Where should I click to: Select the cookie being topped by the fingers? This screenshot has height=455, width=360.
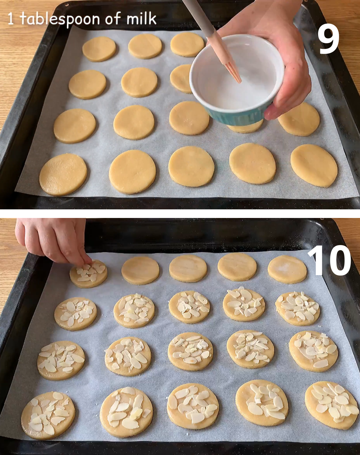pyautogui.click(x=89, y=274)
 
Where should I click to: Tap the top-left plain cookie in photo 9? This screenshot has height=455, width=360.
pyautogui.click(x=99, y=49)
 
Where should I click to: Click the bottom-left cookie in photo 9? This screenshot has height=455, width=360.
pyautogui.click(x=63, y=174)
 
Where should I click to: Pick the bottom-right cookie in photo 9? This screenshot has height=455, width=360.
pyautogui.click(x=314, y=165)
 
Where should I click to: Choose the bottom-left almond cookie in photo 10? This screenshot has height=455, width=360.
pyautogui.click(x=48, y=415)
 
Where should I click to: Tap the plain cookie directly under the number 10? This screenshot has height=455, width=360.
pyautogui.click(x=287, y=269)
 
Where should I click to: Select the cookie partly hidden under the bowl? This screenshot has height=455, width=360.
pyautogui.click(x=245, y=127)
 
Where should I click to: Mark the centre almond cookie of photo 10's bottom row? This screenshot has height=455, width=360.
pyautogui.click(x=193, y=406)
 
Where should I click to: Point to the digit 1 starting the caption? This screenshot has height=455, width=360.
pyautogui.click(x=10, y=19)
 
